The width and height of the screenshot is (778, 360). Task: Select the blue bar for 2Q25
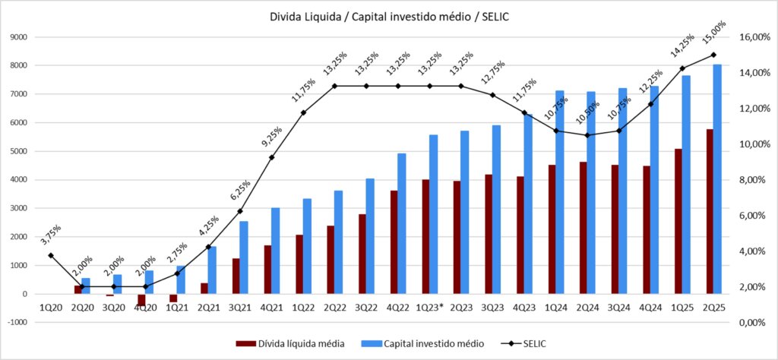pos(717,178)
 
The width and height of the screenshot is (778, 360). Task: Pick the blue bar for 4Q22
pos(402,223)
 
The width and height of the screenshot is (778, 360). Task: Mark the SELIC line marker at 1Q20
pos(50,255)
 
